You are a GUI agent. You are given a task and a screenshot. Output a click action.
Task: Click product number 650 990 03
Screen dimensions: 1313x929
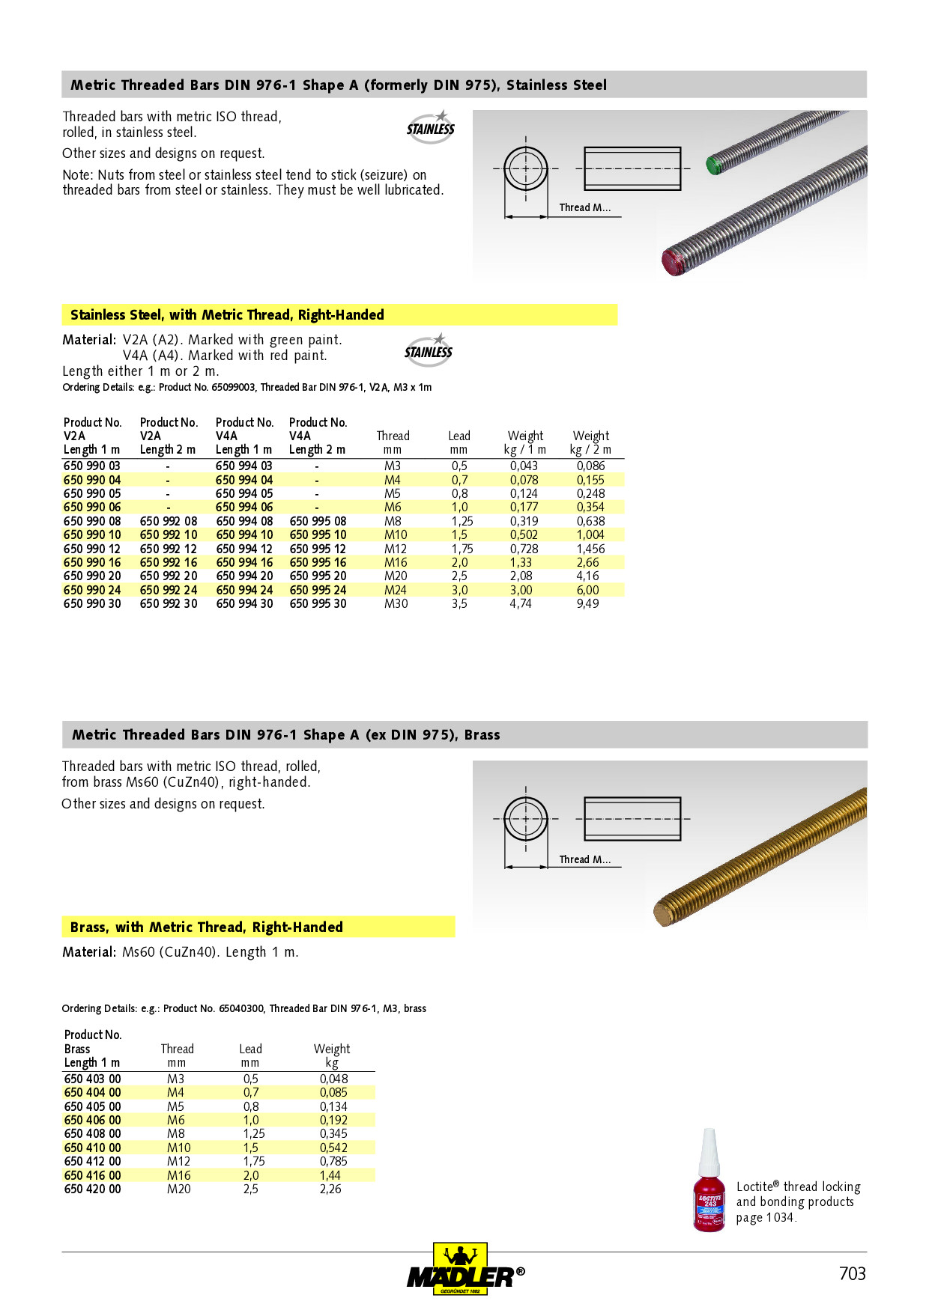[x=92, y=466]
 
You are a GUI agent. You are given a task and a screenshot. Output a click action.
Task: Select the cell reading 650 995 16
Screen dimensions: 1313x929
[x=318, y=562]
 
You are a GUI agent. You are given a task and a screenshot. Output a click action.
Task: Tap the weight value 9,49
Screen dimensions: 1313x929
[x=587, y=603]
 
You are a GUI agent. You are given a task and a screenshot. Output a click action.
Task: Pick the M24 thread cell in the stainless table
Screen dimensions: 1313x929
[x=395, y=590]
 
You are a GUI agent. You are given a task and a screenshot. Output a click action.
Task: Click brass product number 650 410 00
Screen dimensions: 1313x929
[x=92, y=1148]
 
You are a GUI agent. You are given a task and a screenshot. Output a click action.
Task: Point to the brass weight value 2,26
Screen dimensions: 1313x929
[x=330, y=1189]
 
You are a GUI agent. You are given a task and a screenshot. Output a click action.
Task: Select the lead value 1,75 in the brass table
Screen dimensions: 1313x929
[x=254, y=1161]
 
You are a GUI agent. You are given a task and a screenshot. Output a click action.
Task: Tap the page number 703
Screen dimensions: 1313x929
[x=852, y=1273]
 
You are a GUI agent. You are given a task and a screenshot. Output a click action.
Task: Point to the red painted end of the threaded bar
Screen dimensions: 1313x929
[x=673, y=263]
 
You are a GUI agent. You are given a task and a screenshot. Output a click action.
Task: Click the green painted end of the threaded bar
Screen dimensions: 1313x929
[x=714, y=165]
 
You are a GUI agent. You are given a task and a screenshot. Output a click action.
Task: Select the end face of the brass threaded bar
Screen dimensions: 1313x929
[x=663, y=914]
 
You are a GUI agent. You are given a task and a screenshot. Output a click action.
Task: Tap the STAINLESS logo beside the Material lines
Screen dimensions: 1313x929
[x=429, y=350]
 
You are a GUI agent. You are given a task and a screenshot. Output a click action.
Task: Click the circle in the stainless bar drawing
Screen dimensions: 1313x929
[x=525, y=168]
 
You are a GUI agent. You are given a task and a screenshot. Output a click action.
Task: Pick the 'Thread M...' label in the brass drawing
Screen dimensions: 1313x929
[x=584, y=859]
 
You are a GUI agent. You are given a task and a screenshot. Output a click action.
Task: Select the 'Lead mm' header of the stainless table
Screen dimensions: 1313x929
[x=459, y=442]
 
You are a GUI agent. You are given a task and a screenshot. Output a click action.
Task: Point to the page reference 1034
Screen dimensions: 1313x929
[x=779, y=1217]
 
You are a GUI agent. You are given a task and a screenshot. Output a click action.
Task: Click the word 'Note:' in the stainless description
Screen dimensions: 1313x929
[x=78, y=175]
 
